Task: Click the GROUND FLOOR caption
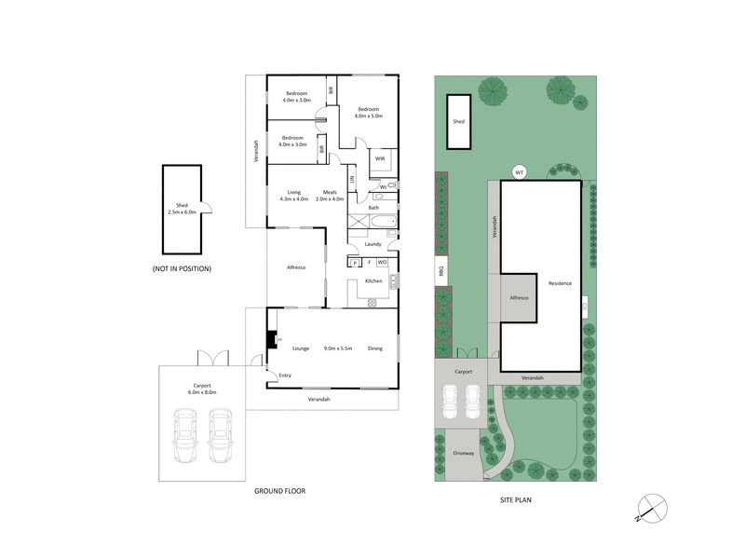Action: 280,491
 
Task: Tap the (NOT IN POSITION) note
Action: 182,268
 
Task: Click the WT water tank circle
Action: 520,171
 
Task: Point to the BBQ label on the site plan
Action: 440,272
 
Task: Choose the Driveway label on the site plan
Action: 463,453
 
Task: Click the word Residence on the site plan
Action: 560,283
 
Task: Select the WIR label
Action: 380,159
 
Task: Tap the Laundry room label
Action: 373,244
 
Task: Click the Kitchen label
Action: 373,280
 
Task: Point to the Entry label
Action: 285,375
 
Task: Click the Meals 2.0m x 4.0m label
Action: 330,196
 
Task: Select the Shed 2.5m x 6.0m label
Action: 182,210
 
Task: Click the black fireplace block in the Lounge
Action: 271,341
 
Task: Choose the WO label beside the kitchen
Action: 382,263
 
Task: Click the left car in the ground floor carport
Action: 186,438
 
